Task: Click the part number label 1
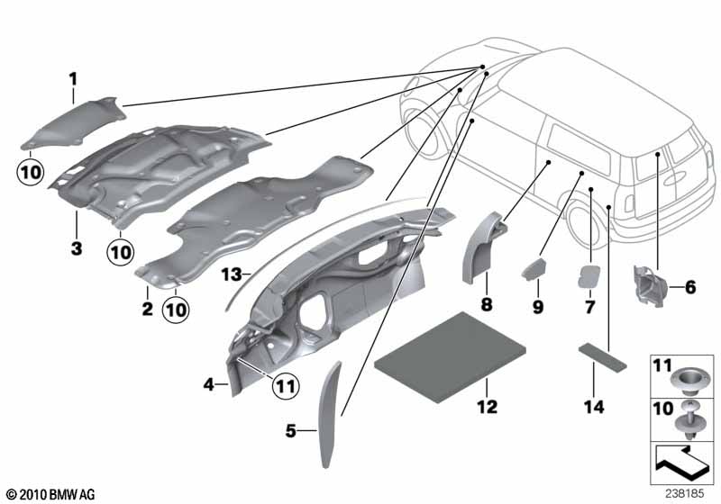[x=73, y=80]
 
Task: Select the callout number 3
[x=77, y=248]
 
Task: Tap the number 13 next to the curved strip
[x=232, y=275]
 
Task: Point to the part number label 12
[x=488, y=407]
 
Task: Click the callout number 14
[x=594, y=407]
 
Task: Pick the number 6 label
[x=690, y=287]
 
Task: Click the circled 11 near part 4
[x=285, y=386]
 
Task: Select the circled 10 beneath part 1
[x=31, y=173]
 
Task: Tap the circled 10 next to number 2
[x=176, y=310]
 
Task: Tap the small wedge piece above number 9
[x=534, y=268]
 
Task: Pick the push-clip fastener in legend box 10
[x=689, y=422]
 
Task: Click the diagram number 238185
[x=684, y=494]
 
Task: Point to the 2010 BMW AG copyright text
[x=51, y=495]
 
